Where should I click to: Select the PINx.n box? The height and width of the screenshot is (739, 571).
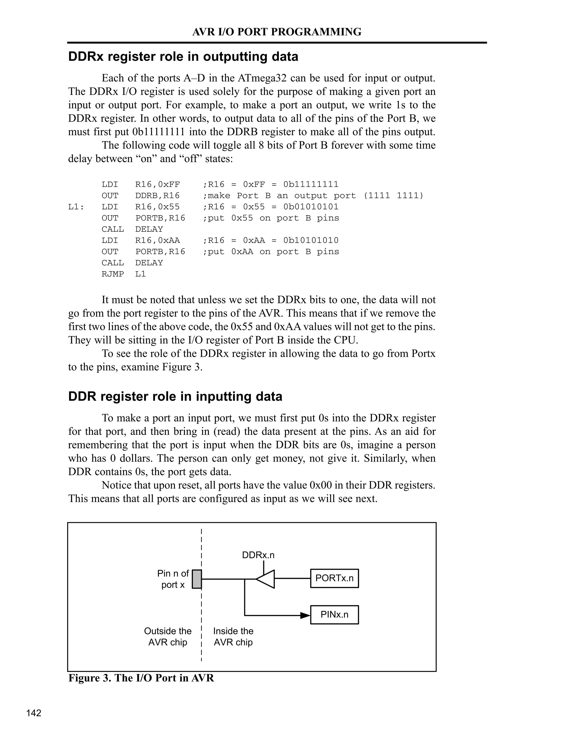(334, 614)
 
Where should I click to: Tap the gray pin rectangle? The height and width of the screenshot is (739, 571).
(197, 579)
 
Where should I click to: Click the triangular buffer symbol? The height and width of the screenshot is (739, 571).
(266, 579)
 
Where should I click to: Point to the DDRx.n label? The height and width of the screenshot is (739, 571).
(258, 555)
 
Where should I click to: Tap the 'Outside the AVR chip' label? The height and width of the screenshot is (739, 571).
(168, 636)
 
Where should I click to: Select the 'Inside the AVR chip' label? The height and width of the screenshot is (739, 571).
(233, 636)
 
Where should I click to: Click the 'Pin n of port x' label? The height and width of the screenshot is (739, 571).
(173, 579)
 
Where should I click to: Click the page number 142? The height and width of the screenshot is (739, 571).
(34, 713)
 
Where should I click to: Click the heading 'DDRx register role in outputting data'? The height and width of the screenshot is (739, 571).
(183, 57)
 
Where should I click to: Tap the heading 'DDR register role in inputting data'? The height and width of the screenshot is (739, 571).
(175, 396)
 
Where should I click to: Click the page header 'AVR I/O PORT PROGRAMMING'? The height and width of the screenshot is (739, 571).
(277, 32)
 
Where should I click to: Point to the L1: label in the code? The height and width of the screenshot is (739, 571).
(76, 207)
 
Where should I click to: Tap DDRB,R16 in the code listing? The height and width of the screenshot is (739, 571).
(157, 195)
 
